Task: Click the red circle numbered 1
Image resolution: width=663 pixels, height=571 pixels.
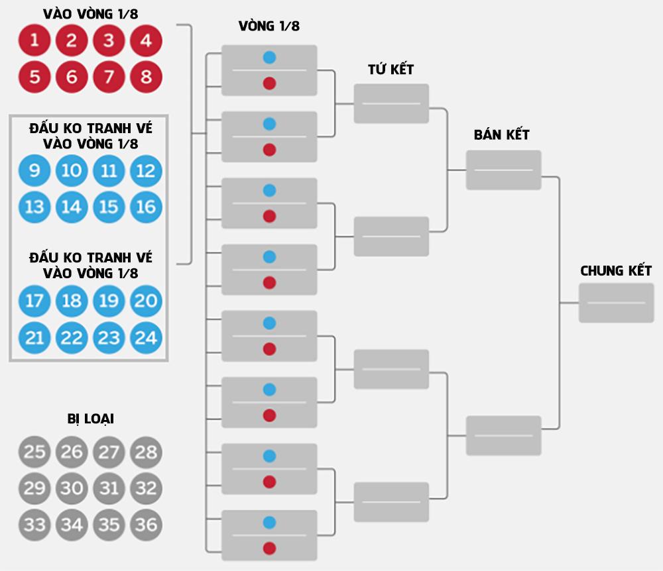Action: [x=34, y=41]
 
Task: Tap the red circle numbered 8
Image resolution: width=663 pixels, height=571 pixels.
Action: [x=147, y=77]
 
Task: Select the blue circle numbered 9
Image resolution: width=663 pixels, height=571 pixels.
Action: [x=34, y=171]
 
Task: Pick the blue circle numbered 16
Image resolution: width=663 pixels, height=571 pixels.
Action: [x=147, y=207]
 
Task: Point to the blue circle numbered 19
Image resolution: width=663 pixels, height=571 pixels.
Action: [x=109, y=301]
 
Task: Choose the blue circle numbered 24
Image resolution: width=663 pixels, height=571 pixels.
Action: [x=147, y=338]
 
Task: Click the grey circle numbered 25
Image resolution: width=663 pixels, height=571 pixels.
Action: [x=34, y=452]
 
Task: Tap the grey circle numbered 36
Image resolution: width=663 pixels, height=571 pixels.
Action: [x=147, y=525]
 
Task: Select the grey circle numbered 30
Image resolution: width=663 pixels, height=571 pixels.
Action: [x=72, y=488]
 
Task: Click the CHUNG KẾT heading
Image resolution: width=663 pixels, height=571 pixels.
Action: [x=616, y=271]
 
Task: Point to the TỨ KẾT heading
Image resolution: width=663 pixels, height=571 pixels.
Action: [x=391, y=70]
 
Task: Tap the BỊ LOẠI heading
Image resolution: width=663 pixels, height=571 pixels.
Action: [x=91, y=419]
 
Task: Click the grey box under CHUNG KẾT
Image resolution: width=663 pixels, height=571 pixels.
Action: [x=616, y=303]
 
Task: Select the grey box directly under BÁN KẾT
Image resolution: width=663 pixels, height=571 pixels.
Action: [x=503, y=170]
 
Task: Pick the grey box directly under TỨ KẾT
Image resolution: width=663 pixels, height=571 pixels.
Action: [x=391, y=103]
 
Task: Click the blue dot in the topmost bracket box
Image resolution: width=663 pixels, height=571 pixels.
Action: [x=269, y=58]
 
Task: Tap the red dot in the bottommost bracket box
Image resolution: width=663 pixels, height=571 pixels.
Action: [x=269, y=548]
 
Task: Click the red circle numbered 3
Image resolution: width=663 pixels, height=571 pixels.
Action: [x=109, y=41]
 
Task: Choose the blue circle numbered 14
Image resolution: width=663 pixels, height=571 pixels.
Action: [x=72, y=207]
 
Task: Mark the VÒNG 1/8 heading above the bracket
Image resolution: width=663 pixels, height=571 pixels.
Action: [x=269, y=26]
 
